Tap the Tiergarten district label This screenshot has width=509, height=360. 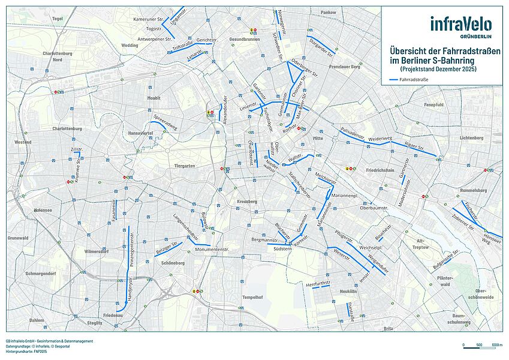[x=185, y=166]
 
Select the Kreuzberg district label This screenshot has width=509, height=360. [x=246, y=201]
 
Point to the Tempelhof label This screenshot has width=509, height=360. [x=252, y=297]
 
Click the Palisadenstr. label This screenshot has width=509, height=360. [x=353, y=134]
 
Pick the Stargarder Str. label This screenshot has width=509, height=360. [x=322, y=46]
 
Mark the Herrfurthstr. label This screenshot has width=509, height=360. [x=318, y=283]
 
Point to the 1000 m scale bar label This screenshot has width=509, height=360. [x=496, y=345]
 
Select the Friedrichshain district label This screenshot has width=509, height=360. [x=380, y=170]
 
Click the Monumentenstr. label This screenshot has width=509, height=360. [x=212, y=248]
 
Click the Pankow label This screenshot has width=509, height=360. [x=329, y=12]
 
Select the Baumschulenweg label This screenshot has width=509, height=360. [x=459, y=319]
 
